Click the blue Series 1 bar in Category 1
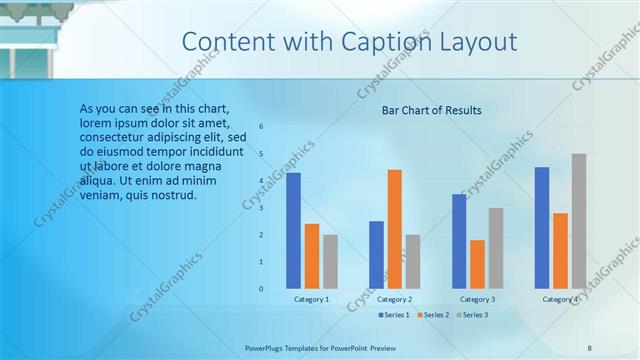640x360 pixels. (293, 231)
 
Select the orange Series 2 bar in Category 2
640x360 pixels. (395, 229)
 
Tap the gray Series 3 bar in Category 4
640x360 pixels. (579, 221)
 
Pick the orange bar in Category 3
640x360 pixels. (478, 264)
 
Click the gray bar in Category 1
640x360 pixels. (330, 262)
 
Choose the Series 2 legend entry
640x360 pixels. (434, 315)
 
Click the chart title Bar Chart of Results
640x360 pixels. (432, 110)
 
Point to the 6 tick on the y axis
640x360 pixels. (260, 127)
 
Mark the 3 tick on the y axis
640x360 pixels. (260, 208)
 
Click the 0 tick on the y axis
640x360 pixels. (260, 289)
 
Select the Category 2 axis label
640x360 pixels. (395, 299)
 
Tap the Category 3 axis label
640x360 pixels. (478, 299)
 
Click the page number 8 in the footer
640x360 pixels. (589, 347)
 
